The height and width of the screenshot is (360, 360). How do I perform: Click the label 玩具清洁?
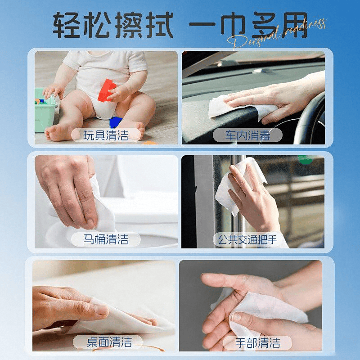point(106,135)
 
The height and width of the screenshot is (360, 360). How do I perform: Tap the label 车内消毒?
point(247,135)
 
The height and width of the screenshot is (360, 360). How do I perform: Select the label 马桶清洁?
point(106,239)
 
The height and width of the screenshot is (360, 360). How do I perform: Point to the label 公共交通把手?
point(247,240)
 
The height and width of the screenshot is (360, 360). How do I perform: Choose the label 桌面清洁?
point(109,342)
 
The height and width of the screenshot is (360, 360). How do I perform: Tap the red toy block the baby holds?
point(107,90)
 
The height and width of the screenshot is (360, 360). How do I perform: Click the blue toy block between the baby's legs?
point(115,122)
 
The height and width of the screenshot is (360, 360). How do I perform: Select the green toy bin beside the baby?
point(45,111)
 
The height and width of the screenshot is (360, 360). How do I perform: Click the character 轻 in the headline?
point(67,25)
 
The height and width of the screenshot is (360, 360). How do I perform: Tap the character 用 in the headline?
point(294,25)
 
